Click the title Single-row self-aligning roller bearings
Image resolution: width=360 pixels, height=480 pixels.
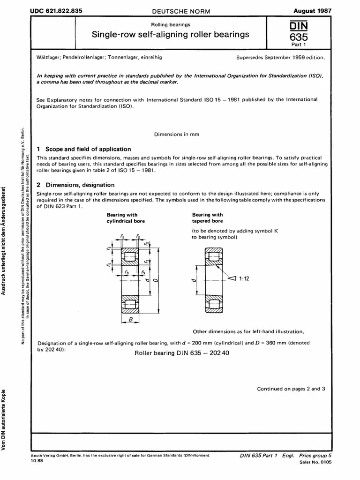pos(170,34)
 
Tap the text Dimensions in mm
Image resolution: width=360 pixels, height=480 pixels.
pos(177,134)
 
